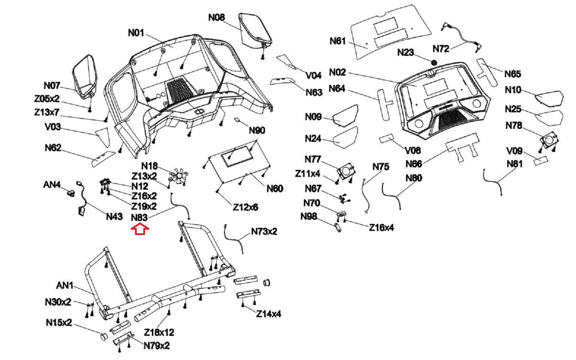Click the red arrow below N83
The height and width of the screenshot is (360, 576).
pyautogui.click(x=140, y=229)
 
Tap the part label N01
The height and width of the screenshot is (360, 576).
pyautogui.click(x=136, y=33)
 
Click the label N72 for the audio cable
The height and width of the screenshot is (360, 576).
pyautogui.click(x=441, y=49)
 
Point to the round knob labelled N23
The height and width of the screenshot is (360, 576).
pyautogui.click(x=434, y=62)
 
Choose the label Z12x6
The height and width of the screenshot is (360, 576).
pyautogui.click(x=245, y=207)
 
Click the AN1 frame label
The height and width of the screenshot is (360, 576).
pyautogui.click(x=65, y=285)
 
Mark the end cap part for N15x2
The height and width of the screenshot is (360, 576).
pyautogui.click(x=103, y=337)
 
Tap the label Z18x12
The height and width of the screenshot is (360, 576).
pyautogui.click(x=159, y=332)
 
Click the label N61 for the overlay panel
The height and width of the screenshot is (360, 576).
pyautogui.click(x=338, y=41)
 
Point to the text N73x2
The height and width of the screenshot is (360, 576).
pyautogui.click(x=264, y=231)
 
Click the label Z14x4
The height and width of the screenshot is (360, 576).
pyautogui.click(x=269, y=314)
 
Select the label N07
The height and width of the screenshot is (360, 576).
pyautogui.click(x=52, y=86)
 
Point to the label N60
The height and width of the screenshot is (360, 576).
pyautogui.click(x=275, y=189)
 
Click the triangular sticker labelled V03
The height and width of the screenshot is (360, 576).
pyautogui.click(x=103, y=136)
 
